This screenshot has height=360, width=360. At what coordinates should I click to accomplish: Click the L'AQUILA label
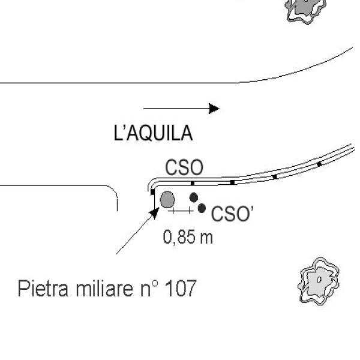click(x=154, y=133)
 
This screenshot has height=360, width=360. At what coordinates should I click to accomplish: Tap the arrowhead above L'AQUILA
click(x=214, y=109)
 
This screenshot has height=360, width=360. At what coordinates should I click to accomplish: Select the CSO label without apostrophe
click(x=184, y=168)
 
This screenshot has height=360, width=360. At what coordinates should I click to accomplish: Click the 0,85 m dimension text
click(x=188, y=237)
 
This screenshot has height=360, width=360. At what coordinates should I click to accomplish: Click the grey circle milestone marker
click(x=167, y=199)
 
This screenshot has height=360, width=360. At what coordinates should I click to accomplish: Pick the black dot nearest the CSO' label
click(x=202, y=208)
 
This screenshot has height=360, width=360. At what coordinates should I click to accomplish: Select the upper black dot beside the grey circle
click(x=193, y=197)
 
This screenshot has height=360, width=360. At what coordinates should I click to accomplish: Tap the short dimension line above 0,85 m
click(x=181, y=211)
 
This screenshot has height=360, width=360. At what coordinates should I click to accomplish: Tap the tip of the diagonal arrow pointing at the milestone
click(x=157, y=209)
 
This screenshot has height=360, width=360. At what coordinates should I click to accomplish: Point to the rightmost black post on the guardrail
click(x=319, y=163)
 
